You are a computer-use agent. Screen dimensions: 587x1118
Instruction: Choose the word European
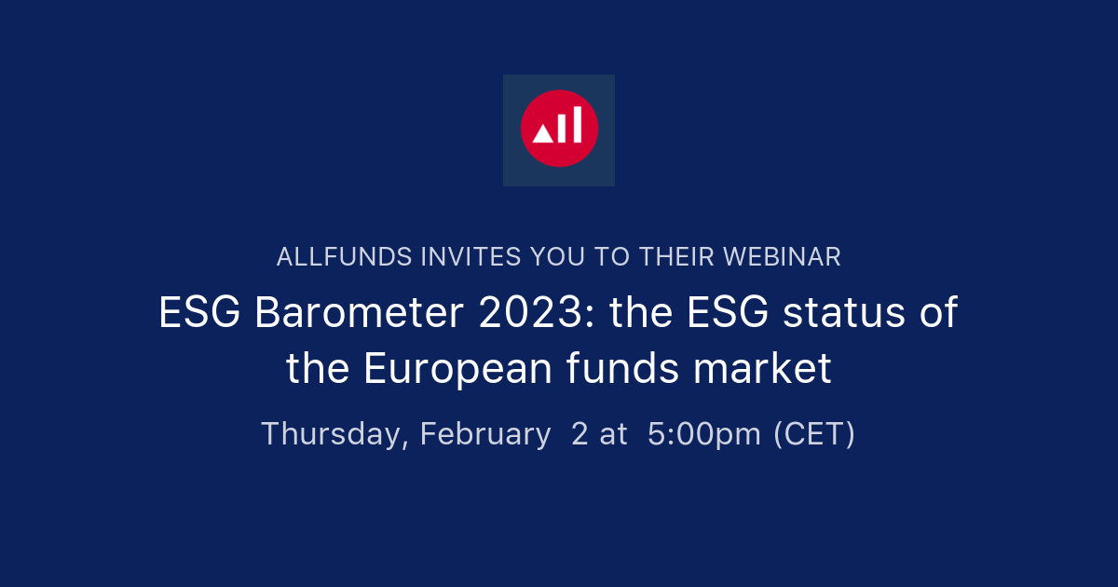(x=457, y=370)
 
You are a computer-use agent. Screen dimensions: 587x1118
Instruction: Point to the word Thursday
(x=334, y=434)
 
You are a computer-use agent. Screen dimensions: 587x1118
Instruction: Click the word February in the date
(x=485, y=434)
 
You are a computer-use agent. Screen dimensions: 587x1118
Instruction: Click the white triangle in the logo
(x=541, y=134)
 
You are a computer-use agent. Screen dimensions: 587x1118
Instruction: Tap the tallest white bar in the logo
(x=577, y=124)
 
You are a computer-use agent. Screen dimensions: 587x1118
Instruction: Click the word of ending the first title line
(x=939, y=313)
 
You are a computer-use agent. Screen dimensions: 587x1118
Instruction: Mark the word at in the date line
(x=613, y=434)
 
